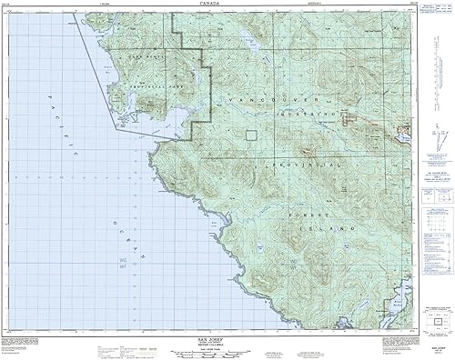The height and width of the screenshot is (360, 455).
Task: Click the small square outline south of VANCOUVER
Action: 252,135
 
